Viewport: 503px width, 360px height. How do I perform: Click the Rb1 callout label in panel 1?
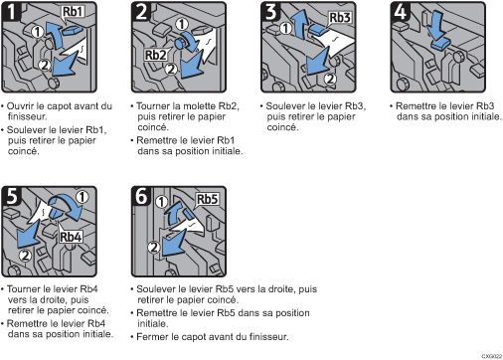pyautogui.click(x=73, y=12)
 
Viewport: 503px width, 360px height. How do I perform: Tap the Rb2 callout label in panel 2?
pyautogui.click(x=155, y=55)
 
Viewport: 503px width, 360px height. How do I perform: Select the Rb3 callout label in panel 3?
pyautogui.click(x=340, y=18)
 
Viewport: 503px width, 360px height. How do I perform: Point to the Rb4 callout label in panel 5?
pyautogui.click(x=71, y=238)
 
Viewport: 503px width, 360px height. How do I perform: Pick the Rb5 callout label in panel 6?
pyautogui.click(x=208, y=200)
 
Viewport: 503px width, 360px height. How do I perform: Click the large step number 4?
pyautogui.click(x=401, y=12)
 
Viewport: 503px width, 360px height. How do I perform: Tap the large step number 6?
pyautogui.click(x=141, y=196)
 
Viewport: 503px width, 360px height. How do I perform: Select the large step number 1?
pyautogui.click(x=12, y=12)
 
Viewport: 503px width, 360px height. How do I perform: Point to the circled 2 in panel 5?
pyautogui.click(x=25, y=256)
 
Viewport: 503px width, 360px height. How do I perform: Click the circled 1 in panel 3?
pyautogui.click(x=286, y=28)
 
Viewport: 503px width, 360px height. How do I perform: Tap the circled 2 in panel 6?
pyautogui.click(x=154, y=248)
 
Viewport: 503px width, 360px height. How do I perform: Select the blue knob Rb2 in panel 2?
pyautogui.click(x=181, y=43)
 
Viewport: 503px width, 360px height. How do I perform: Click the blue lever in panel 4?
pyautogui.click(x=440, y=44)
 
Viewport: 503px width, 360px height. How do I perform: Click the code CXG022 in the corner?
pyautogui.click(x=492, y=356)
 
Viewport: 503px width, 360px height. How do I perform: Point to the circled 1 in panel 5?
pyautogui.click(x=82, y=197)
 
